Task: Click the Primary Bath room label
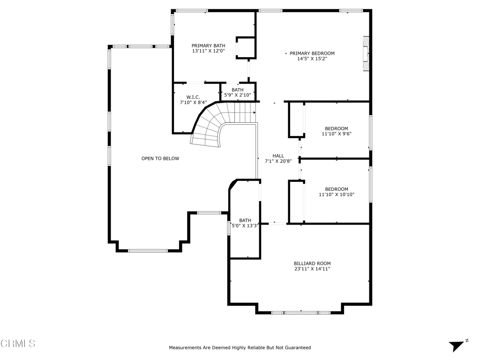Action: pyautogui.click(x=208, y=46)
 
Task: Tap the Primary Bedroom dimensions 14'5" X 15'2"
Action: pyautogui.click(x=312, y=59)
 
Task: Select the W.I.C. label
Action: pyautogui.click(x=193, y=97)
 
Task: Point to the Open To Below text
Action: pyautogui.click(x=160, y=158)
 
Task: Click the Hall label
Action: pyautogui.click(x=278, y=156)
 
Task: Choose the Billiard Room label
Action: pyautogui.click(x=312, y=263)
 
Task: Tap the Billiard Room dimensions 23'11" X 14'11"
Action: pyautogui.click(x=312, y=269)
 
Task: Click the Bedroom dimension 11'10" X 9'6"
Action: pyautogui.click(x=337, y=134)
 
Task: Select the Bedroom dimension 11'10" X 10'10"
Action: pyautogui.click(x=337, y=195)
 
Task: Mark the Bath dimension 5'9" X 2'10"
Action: pyautogui.click(x=238, y=95)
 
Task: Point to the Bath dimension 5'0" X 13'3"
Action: pyautogui.click(x=245, y=226)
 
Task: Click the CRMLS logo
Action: pyautogui.click(x=18, y=344)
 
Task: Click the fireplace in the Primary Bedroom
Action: pyautogui.click(x=366, y=54)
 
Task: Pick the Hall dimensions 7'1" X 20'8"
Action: pyautogui.click(x=278, y=161)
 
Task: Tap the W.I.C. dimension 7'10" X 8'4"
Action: pyautogui.click(x=193, y=103)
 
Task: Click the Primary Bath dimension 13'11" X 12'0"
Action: pyautogui.click(x=208, y=51)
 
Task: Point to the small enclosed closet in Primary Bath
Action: pyautogui.click(x=246, y=48)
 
